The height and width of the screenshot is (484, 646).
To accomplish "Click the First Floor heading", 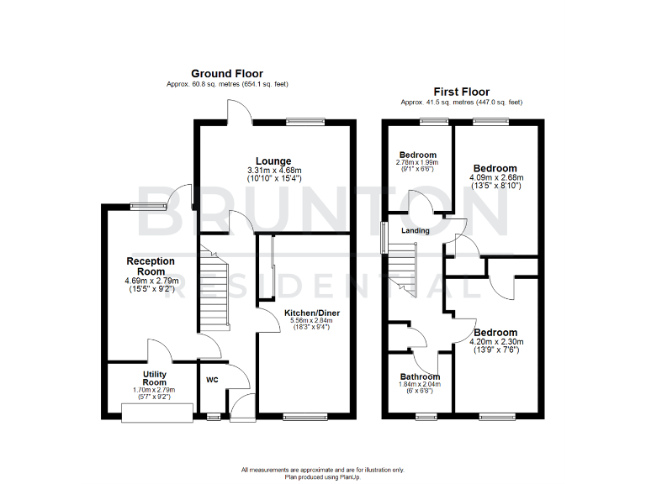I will pyautogui.click(x=461, y=92).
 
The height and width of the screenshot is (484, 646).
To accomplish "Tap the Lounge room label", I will pyautogui.click(x=273, y=161).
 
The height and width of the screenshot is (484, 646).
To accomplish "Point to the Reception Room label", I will pyautogui.click(x=151, y=266).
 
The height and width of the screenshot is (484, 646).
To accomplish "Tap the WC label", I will pyautogui.click(x=212, y=380).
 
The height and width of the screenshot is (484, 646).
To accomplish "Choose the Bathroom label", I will pyautogui.click(x=419, y=376).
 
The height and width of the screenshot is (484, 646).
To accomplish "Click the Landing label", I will pyautogui.click(x=415, y=231).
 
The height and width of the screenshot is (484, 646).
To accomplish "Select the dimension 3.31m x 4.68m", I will pyautogui.click(x=273, y=171).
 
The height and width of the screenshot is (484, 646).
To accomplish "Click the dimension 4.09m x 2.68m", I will pyautogui.click(x=495, y=177).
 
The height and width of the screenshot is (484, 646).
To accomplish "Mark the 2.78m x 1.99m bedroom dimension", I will pyautogui.click(x=418, y=162).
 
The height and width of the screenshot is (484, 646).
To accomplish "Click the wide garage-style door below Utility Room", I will pyautogui.click(x=157, y=411).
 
